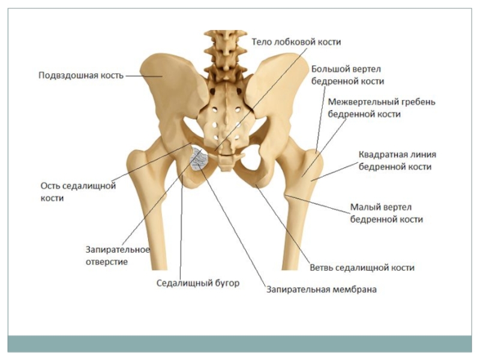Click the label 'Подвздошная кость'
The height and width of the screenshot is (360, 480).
[x=81, y=76]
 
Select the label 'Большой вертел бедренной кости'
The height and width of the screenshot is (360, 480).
[x=347, y=75]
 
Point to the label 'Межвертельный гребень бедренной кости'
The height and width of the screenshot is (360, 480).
[x=382, y=107]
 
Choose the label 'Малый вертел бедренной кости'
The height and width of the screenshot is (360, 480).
[x=386, y=214]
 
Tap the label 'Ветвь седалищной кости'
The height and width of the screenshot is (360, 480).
[x=362, y=268]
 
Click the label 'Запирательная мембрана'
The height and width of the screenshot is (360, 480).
[x=322, y=290]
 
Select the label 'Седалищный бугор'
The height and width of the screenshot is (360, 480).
[x=198, y=283]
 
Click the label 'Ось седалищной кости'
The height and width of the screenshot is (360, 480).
[x=77, y=191]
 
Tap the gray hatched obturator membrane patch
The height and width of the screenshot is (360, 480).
[x=199, y=160]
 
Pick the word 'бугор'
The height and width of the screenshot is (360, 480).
[x=226, y=283]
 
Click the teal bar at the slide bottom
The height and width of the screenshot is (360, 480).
[x=239, y=343]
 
